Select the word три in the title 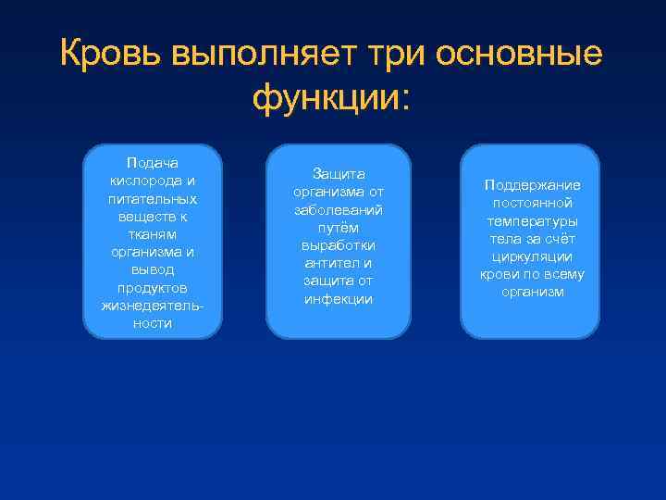(x=386, y=54)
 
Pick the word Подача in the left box (x=153, y=163)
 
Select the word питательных (x=153, y=199)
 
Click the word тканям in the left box (x=153, y=234)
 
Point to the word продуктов (x=153, y=288)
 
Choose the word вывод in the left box (x=153, y=270)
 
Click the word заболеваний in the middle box (x=338, y=209)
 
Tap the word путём (x=338, y=227)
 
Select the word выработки (x=338, y=245)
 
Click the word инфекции (x=338, y=299)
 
